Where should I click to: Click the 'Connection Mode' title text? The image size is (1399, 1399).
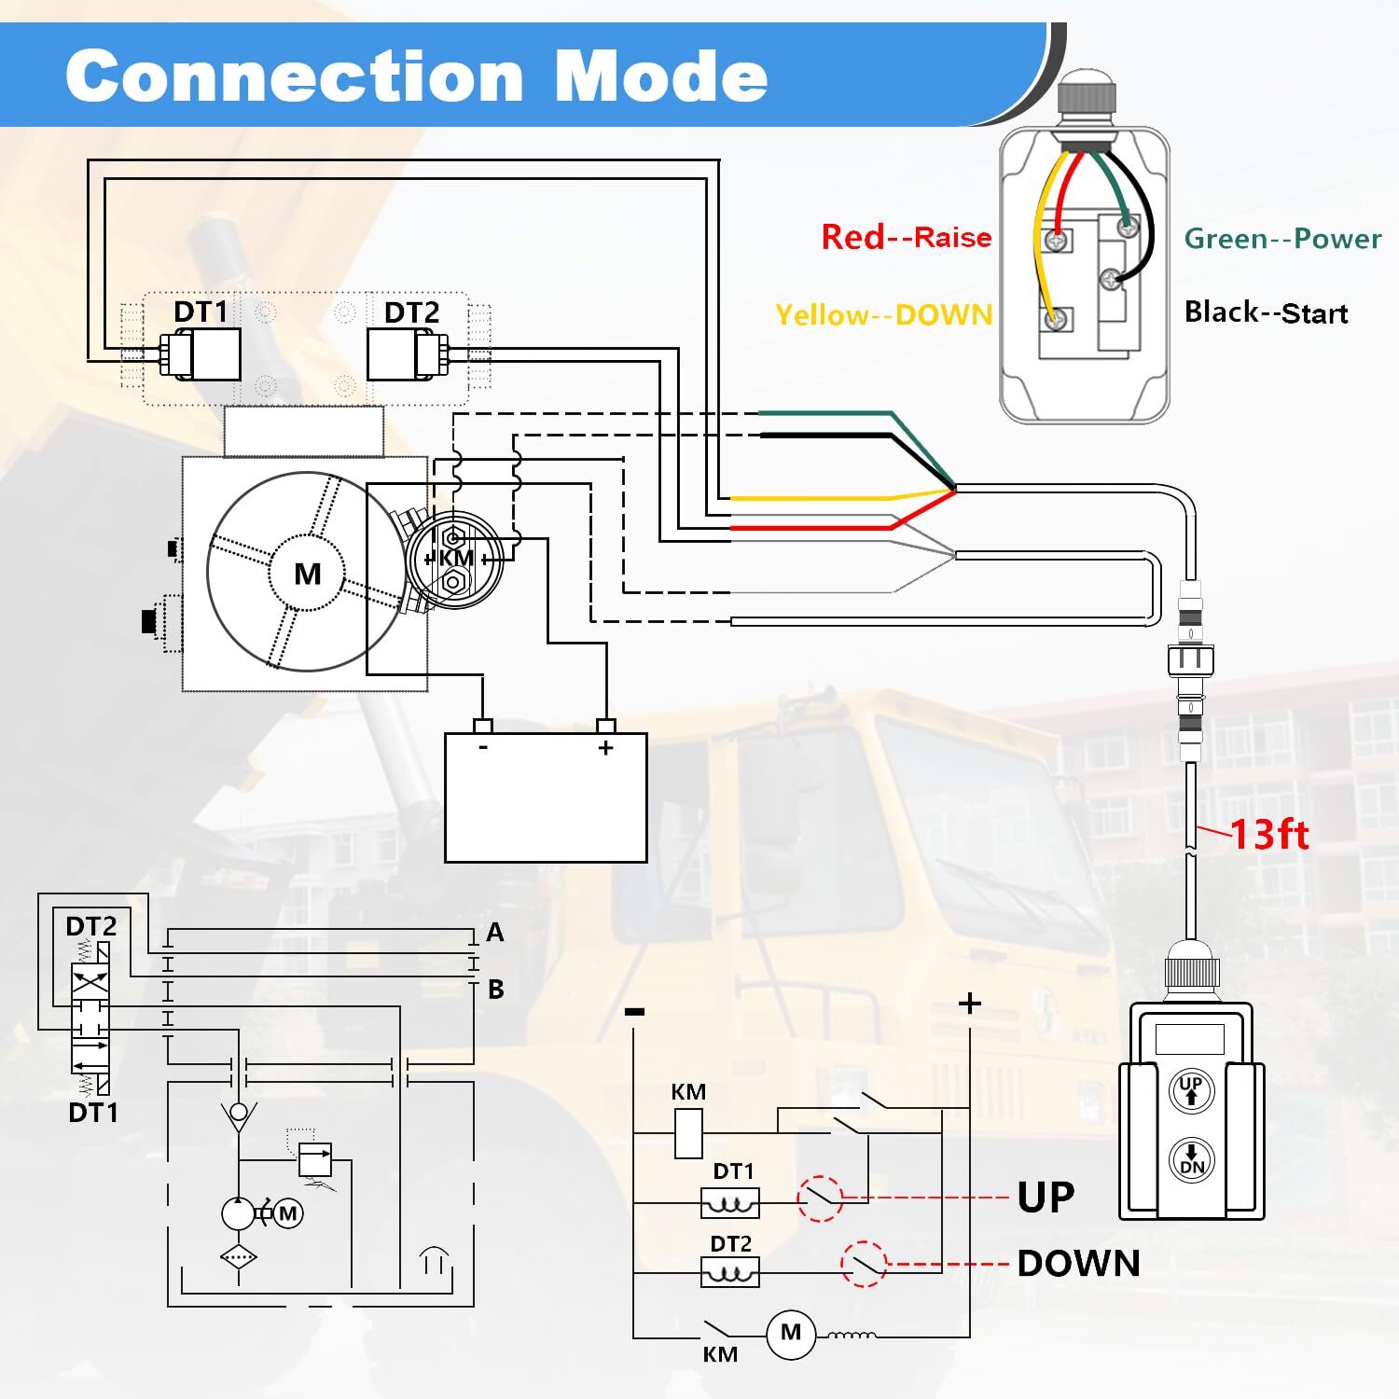(x=416, y=76)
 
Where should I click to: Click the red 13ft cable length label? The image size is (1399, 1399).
(x=1269, y=834)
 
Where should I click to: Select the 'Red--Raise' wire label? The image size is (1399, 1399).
(x=906, y=237)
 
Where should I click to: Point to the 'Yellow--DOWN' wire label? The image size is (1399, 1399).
(x=883, y=315)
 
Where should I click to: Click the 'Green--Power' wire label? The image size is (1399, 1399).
(x=1282, y=239)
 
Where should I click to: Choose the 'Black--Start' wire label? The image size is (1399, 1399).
(x=1266, y=312)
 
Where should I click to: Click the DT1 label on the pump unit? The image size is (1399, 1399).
(x=201, y=312)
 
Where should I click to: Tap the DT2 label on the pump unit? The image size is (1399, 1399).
(x=411, y=312)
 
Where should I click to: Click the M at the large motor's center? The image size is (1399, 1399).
(x=308, y=574)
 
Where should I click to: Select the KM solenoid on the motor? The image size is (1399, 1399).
(x=455, y=559)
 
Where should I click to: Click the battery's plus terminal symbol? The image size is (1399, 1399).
(x=606, y=748)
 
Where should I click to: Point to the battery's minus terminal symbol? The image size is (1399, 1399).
(x=483, y=747)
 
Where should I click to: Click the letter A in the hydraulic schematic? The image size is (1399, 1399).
(x=495, y=932)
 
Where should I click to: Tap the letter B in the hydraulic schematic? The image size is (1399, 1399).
(x=496, y=989)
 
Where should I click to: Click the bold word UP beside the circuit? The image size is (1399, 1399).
(x=1046, y=1198)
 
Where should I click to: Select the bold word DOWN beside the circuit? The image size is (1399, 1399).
(x=1078, y=1264)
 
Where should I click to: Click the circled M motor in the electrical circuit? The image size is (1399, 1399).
(x=791, y=1333)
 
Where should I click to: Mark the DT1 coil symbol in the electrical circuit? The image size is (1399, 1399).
(x=729, y=1203)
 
